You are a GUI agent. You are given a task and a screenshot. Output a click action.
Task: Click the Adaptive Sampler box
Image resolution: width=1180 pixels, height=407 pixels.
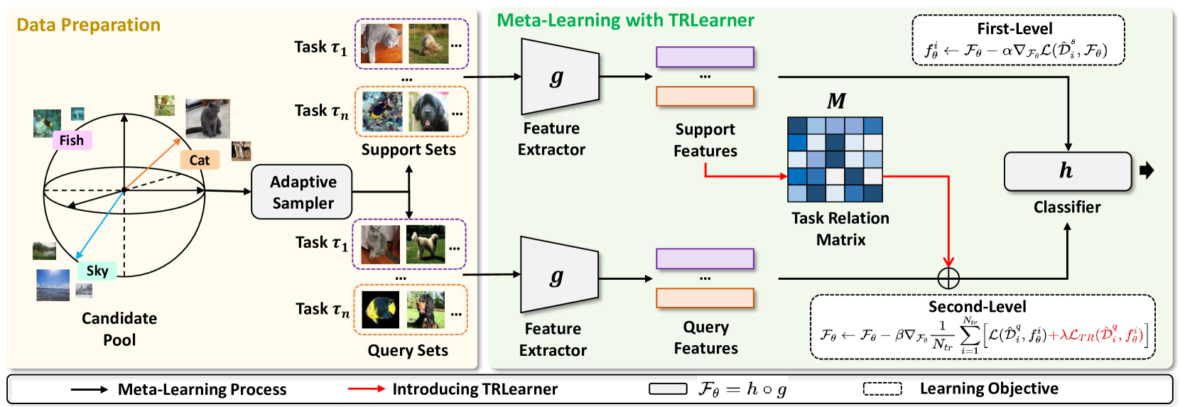coord(302,192)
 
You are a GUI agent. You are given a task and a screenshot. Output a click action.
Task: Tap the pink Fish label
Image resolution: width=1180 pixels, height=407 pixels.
coord(72,140)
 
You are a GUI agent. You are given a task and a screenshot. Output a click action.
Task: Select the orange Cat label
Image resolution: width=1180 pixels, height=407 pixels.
coord(199,160)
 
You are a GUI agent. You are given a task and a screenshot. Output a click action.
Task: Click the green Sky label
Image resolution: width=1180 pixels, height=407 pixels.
coord(97,271)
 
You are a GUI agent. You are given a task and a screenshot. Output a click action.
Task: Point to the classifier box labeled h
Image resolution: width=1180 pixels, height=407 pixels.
coord(1067,171)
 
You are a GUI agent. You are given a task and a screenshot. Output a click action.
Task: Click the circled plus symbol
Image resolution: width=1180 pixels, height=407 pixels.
coord(948,278)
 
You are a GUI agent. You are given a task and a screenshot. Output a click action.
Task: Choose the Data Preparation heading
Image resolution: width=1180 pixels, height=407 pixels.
coord(89,25)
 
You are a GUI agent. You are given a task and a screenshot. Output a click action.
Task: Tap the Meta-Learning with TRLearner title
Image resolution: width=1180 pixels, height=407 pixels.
coord(625,20)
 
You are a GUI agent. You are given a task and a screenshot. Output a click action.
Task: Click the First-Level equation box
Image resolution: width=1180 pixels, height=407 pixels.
coord(1017,41)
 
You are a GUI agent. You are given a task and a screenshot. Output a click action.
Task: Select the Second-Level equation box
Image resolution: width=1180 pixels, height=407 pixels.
coord(983,327)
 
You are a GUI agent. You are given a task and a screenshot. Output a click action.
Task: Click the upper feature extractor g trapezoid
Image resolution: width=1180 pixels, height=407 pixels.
coord(559,77)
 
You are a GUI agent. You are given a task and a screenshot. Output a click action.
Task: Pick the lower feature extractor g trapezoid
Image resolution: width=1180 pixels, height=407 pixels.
coord(559,276)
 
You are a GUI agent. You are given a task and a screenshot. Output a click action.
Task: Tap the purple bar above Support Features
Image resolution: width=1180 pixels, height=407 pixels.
coord(705,57)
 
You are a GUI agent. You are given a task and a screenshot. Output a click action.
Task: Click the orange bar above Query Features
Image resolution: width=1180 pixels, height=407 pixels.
coord(705,298)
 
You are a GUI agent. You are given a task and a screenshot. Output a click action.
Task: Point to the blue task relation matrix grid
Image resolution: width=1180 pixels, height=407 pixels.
coord(835,159)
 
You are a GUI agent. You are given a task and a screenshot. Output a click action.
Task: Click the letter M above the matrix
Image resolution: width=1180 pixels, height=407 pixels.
coord(836,102)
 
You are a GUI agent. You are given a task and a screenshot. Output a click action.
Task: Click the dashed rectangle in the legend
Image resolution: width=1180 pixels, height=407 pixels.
coord(882,389)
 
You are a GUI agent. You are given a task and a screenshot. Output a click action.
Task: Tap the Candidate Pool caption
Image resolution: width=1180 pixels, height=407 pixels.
coord(119,328)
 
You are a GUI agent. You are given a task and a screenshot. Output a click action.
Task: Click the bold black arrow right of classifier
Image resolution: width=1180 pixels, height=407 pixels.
coord(1147,170)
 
